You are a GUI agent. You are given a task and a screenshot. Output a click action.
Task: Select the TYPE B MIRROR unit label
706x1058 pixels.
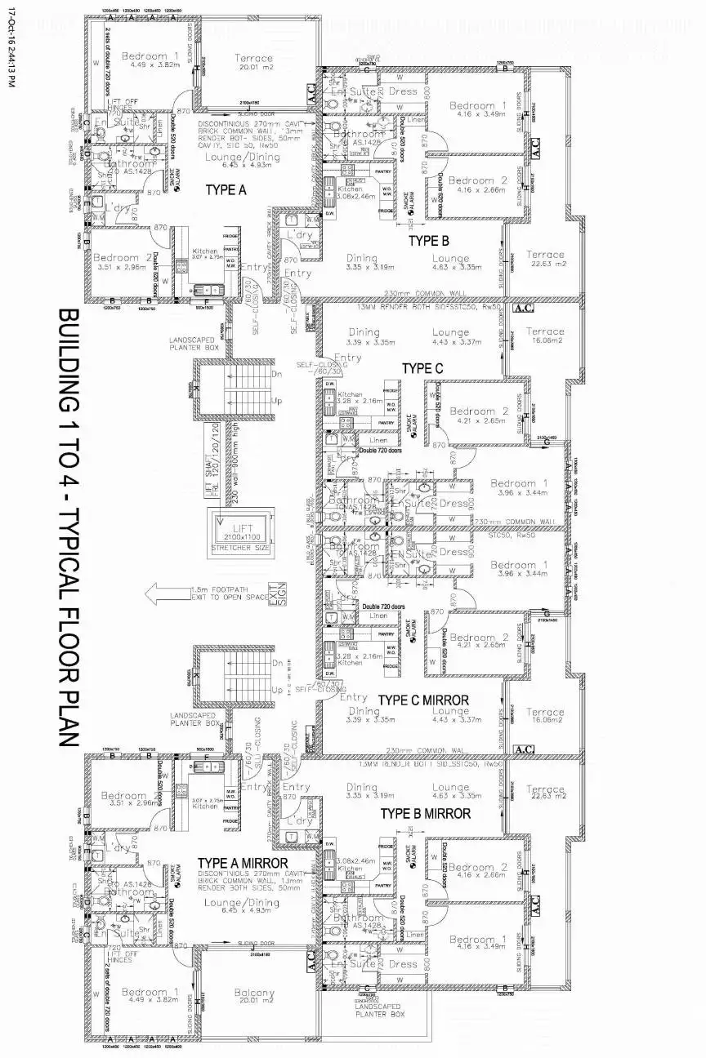tap(425, 813)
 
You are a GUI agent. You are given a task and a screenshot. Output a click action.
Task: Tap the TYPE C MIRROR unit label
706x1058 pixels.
tap(423, 700)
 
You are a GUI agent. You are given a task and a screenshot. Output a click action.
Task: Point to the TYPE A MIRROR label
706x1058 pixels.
tap(243, 863)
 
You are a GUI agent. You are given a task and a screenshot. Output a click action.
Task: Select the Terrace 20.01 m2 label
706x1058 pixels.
tap(254, 64)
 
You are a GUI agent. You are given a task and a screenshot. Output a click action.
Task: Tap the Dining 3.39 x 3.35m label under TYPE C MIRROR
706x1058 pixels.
tap(364, 715)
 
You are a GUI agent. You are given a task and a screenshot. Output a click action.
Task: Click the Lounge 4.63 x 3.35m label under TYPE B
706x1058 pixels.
tap(451, 263)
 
